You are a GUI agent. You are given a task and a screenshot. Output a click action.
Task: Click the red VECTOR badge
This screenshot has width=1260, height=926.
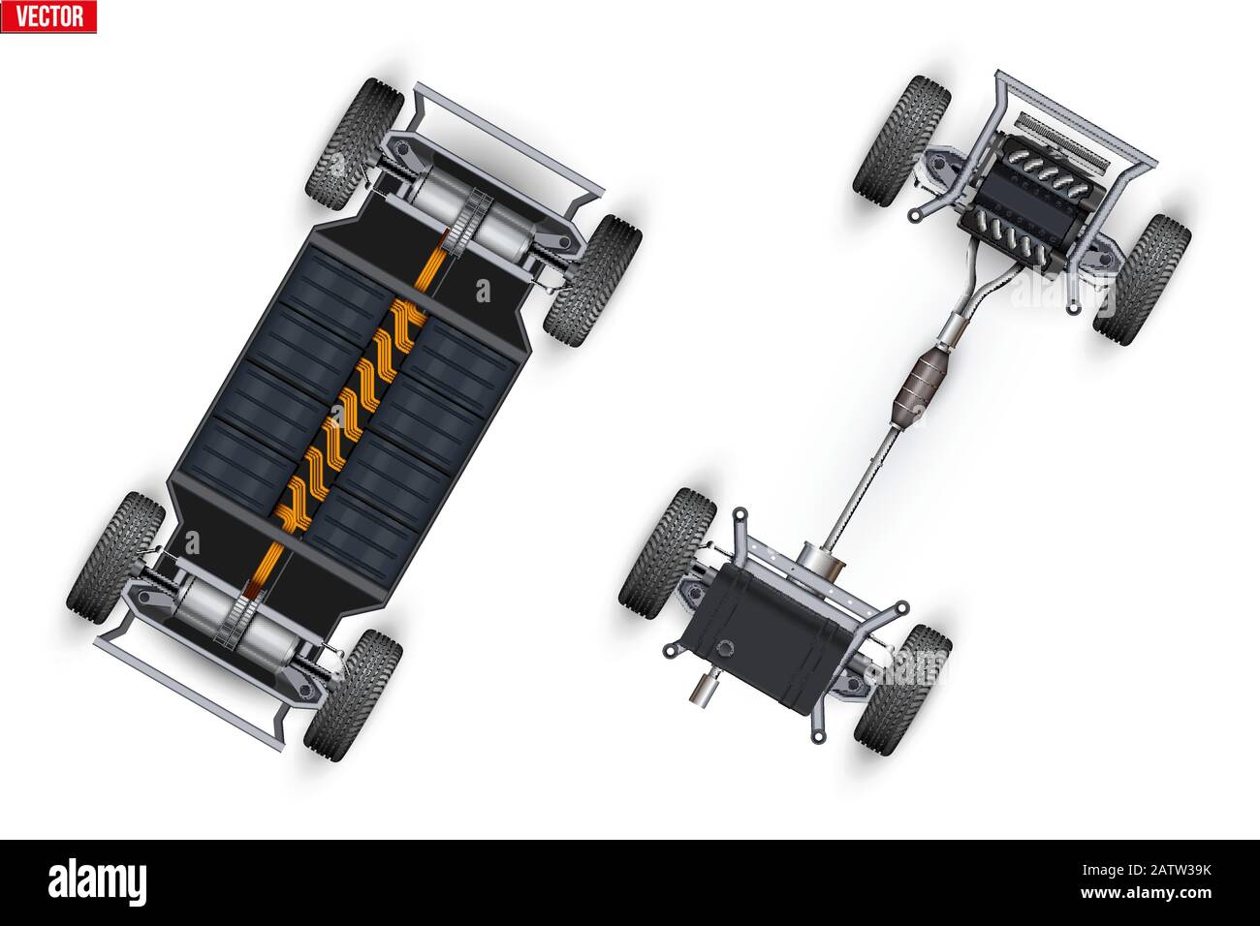point(48,16)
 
